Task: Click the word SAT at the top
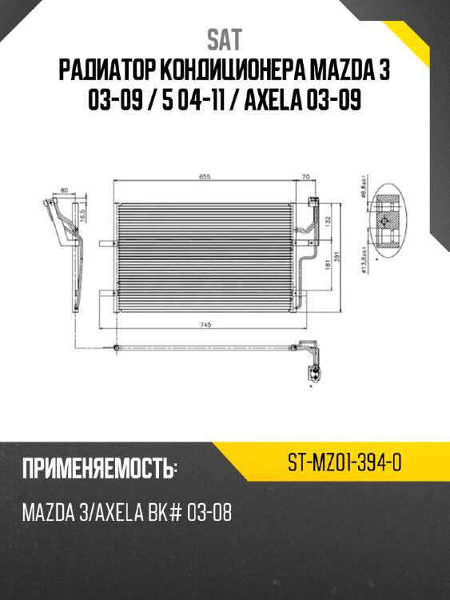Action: pyautogui.click(x=225, y=39)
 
